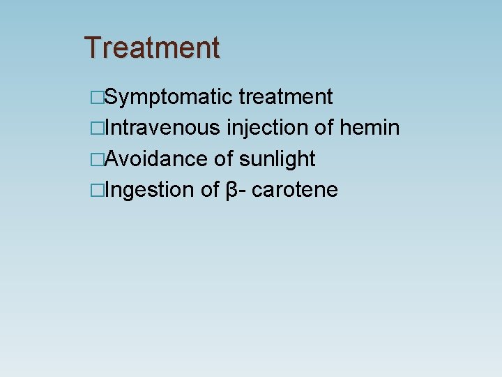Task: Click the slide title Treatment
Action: pyautogui.click(x=152, y=47)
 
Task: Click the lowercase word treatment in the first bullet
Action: pyautogui.click(x=286, y=97)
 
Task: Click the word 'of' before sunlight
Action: pyautogui.click(x=224, y=158)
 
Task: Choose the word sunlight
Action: pyautogui.click(x=277, y=159)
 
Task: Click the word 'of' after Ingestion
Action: pyautogui.click(x=211, y=189)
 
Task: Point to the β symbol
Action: pyautogui.click(x=233, y=190)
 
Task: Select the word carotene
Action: pyautogui.click(x=295, y=189)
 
